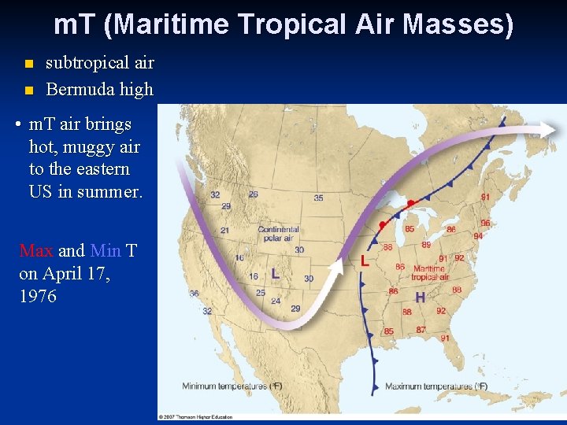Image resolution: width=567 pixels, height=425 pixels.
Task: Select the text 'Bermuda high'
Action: pyautogui.click(x=99, y=89)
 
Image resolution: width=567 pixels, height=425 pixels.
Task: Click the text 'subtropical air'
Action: pyautogui.click(x=99, y=62)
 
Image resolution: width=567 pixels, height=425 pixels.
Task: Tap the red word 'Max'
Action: pyautogui.click(x=36, y=250)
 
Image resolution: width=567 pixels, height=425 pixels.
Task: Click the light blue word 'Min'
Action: pyautogui.click(x=106, y=250)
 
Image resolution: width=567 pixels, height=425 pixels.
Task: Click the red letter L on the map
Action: pyautogui.click(x=364, y=261)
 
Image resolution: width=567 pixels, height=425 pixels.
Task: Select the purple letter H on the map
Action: pyautogui.click(x=420, y=297)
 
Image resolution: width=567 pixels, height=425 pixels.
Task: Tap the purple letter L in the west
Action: pyautogui.click(x=275, y=274)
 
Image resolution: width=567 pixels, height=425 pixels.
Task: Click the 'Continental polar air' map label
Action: pyautogui.click(x=278, y=234)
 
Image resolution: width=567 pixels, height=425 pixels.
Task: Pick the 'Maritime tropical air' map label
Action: pyautogui.click(x=429, y=273)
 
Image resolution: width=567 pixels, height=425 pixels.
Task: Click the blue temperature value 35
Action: pyautogui.click(x=318, y=198)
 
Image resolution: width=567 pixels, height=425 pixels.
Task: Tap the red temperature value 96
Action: pyautogui.click(x=485, y=223)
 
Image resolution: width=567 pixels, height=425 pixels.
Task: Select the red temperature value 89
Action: pyautogui.click(x=426, y=245)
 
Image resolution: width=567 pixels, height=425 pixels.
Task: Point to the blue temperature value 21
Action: pyautogui.click(x=224, y=231)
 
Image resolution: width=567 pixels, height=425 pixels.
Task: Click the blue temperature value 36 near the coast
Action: pyautogui.click(x=194, y=294)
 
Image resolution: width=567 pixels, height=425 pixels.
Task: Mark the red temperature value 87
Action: pyautogui.click(x=421, y=329)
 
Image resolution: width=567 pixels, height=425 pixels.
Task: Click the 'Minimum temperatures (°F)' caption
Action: pyautogui.click(x=232, y=386)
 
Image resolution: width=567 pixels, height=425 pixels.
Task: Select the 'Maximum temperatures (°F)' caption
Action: pyautogui.click(x=436, y=386)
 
